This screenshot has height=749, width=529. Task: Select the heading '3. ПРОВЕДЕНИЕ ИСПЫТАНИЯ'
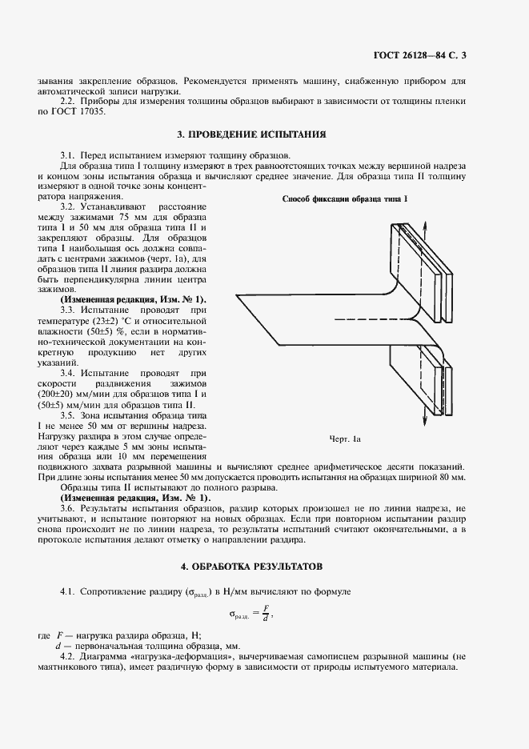tap(251, 134)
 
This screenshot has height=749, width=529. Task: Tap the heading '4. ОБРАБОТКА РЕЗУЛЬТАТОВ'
tap(251, 566)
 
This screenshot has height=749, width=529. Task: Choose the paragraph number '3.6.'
tap(70, 508)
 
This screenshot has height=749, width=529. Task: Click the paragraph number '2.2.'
tap(70, 101)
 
